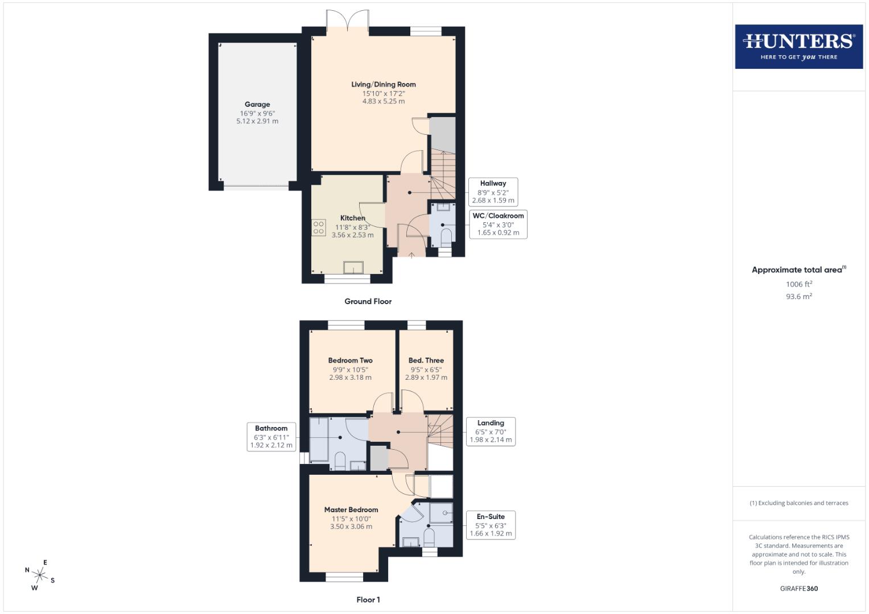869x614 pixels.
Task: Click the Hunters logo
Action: pos(798,47)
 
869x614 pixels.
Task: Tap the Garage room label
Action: pos(257,105)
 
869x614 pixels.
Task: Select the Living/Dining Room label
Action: pos(383,85)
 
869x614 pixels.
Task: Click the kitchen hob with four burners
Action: pos(318,227)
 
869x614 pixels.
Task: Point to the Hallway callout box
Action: pos(493,192)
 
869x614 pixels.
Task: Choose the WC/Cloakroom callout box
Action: pos(498,224)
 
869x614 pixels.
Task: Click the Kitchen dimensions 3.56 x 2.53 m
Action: pos(353,235)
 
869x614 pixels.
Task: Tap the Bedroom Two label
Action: pos(350,360)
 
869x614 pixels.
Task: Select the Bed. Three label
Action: pos(426,360)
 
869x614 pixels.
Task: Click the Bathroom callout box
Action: pos(271,437)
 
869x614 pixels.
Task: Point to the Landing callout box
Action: pos(491,432)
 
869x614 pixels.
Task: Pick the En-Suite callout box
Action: pos(491,525)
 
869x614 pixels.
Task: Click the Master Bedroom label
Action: pos(351,510)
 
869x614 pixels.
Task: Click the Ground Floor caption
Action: pos(368,301)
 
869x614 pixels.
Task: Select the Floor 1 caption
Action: pos(368,600)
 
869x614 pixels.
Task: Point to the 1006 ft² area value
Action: pos(798,284)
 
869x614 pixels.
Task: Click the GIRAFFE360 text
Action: pos(798,588)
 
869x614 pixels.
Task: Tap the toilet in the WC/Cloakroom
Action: pos(446,236)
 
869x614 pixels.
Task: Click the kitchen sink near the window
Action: pos(353,267)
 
